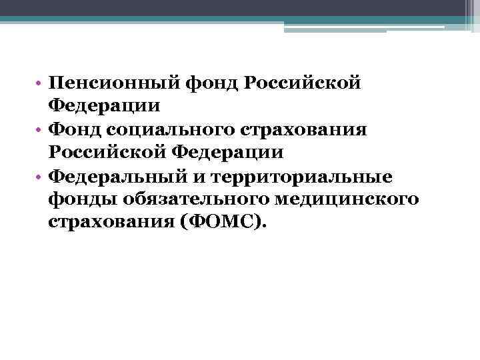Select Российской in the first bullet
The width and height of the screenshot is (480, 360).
pos(303,83)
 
